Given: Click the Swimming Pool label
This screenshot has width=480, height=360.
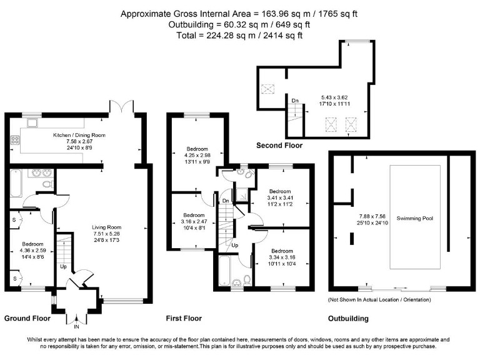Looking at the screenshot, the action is [415, 218].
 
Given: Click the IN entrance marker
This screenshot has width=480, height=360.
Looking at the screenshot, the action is [76, 327].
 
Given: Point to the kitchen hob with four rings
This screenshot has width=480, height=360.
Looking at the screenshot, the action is [15, 140].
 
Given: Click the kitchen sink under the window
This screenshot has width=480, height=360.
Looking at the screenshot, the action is [32, 122].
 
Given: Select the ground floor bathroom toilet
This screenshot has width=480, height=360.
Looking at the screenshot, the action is [47, 184].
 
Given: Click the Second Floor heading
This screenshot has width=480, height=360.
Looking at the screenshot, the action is [279, 146].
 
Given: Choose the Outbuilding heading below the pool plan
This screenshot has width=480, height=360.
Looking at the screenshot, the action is [348, 319].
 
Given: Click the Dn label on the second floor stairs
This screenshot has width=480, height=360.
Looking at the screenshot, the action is [295, 101].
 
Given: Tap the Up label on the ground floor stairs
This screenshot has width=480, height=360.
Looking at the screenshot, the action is [63, 267].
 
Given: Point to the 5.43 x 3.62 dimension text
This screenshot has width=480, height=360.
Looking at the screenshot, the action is [334, 97].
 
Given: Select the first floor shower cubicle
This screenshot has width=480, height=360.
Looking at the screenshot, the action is [242, 194].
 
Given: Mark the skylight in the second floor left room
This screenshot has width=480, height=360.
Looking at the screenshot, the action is [267, 89].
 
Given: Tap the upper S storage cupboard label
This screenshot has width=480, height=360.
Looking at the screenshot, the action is [14, 220].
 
